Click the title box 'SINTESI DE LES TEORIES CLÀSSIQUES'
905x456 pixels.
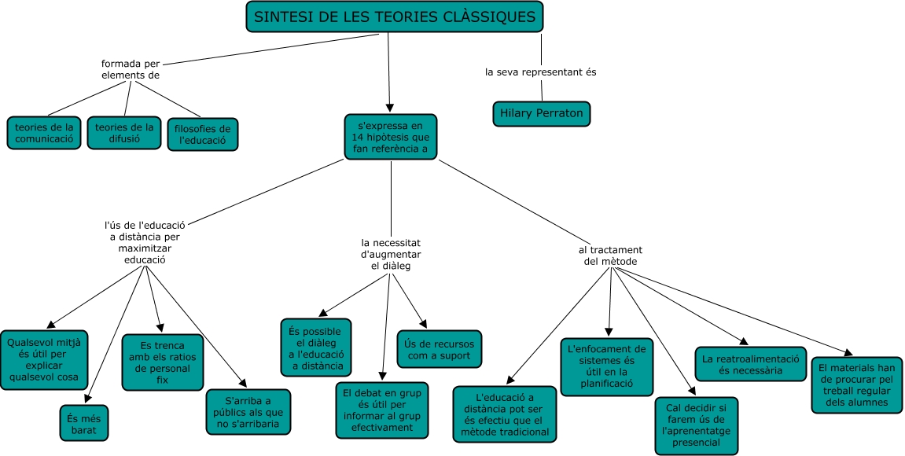click(x=395, y=17)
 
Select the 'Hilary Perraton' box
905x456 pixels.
click(x=542, y=113)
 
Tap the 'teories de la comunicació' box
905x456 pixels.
click(x=44, y=133)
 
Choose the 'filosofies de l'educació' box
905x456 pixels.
click(x=203, y=134)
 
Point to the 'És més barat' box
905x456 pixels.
click(x=85, y=423)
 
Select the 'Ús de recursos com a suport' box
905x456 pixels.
click(x=438, y=349)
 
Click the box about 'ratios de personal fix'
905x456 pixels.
click(x=163, y=362)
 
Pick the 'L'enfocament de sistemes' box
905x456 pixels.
click(x=606, y=366)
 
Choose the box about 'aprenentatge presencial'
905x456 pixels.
click(x=697, y=425)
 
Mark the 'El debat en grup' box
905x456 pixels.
click(x=383, y=410)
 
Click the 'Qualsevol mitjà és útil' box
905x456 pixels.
click(x=44, y=359)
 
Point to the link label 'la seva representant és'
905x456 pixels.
click(x=541, y=72)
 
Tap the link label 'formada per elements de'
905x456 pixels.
click(x=131, y=69)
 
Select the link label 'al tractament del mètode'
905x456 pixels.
click(x=610, y=256)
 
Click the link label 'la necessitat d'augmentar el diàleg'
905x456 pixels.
click(x=391, y=255)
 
